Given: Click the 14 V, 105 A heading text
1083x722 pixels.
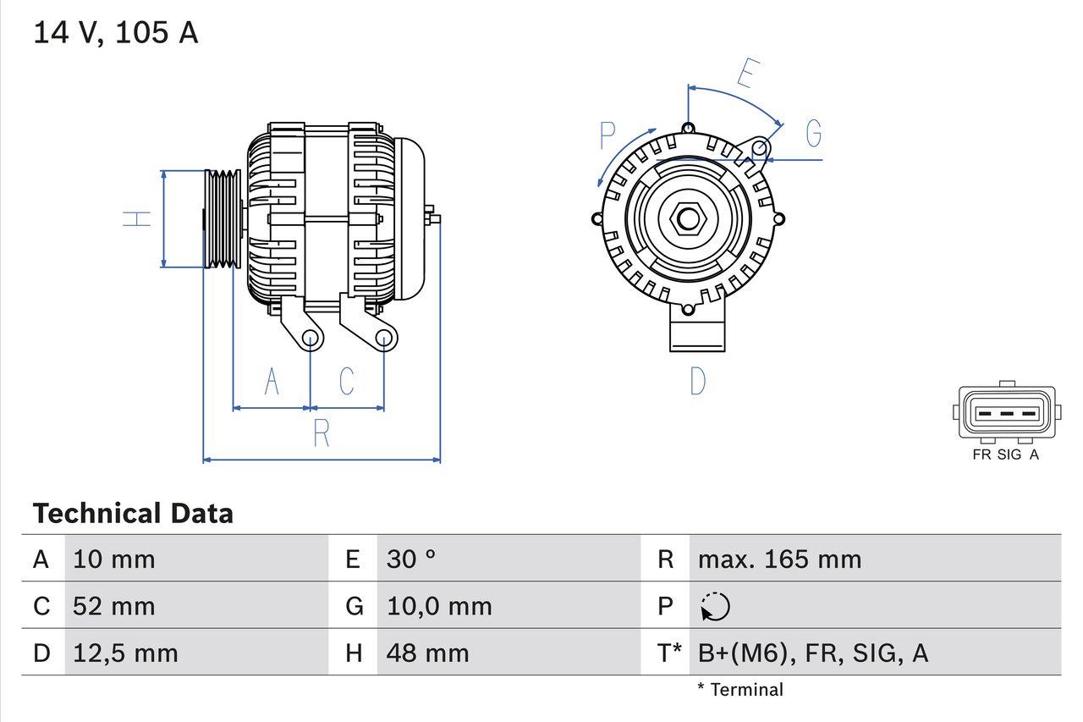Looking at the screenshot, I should (x=115, y=33).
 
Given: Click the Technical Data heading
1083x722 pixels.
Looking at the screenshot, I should (x=133, y=514).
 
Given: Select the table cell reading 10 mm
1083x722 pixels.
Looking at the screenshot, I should (x=114, y=559).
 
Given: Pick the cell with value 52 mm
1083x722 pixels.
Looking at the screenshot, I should (x=114, y=606).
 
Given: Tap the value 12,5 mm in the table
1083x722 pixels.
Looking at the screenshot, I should (x=125, y=653).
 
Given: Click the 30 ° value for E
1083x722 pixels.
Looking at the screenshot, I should (x=411, y=559).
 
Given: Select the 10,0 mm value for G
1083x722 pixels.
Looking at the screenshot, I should (x=439, y=606).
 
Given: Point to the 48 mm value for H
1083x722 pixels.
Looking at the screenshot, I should (x=427, y=653).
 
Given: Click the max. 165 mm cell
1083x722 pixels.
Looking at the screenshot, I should (x=779, y=559).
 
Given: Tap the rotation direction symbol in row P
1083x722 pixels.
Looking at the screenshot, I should (x=715, y=607).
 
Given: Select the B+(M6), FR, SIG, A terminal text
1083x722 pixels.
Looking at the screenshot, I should (x=812, y=653).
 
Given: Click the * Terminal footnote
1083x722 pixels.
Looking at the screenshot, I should (x=740, y=690).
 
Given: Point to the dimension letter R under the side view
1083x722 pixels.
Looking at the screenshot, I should (x=322, y=433).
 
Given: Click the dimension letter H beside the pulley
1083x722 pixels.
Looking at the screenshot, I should (x=137, y=218).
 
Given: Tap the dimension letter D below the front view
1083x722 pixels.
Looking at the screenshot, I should (x=697, y=382).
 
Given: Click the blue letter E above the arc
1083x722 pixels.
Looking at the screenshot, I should (x=745, y=74).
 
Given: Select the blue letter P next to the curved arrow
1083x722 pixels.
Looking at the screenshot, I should (x=607, y=135).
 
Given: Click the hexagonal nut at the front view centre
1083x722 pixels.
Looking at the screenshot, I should (x=688, y=219).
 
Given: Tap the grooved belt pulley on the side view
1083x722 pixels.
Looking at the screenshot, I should (x=223, y=218).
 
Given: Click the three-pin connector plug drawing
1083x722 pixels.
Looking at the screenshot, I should (x=1006, y=414).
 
